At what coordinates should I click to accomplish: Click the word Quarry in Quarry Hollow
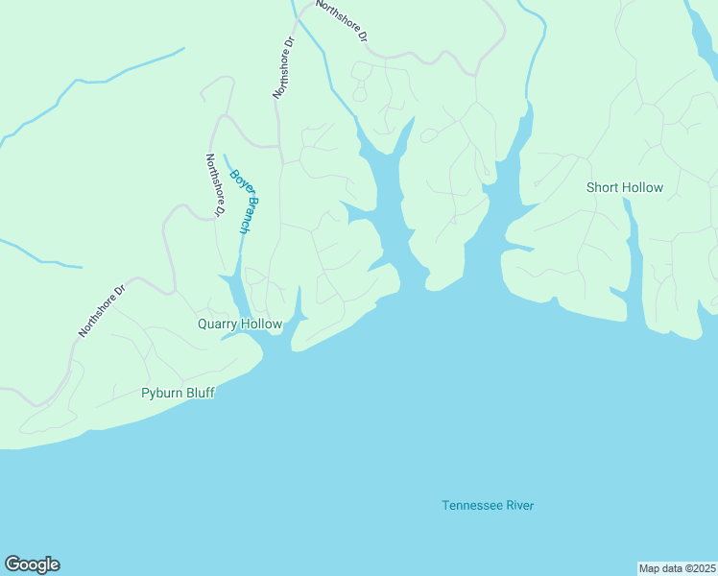point(218,324)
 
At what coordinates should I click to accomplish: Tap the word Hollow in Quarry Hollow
point(262,324)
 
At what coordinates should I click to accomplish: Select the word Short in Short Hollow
point(603,187)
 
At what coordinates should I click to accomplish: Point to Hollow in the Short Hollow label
point(642,187)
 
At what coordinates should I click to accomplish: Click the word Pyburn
point(162,393)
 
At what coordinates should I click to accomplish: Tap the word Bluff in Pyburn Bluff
point(201,393)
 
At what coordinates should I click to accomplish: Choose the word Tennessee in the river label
point(472,506)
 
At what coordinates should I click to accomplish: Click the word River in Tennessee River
point(519,506)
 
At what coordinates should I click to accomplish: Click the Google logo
point(32,564)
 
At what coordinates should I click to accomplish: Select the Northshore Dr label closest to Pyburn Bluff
point(103,310)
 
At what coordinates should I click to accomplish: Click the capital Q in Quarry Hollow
point(203,324)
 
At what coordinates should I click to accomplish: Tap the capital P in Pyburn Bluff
point(145,393)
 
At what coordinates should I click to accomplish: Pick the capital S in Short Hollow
point(590,187)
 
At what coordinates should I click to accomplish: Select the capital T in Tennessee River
point(445,506)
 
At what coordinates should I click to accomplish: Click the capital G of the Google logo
point(12,564)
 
